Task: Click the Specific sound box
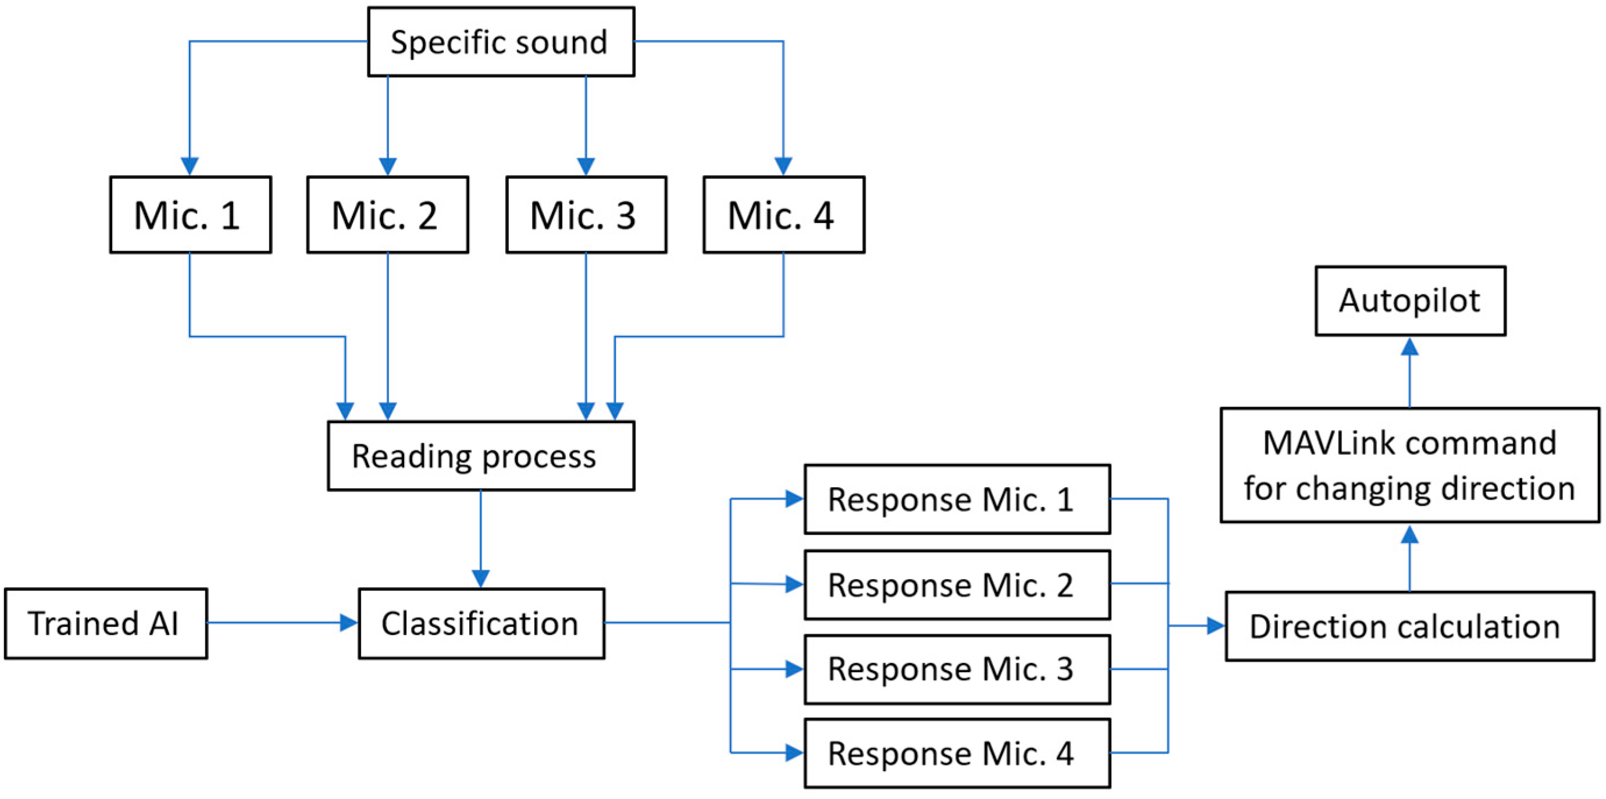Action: coord(501,42)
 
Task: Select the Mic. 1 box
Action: coord(190,215)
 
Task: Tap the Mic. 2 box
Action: coord(387,215)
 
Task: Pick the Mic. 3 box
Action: coord(586,215)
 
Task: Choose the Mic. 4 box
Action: coord(784,215)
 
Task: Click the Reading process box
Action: coord(481,456)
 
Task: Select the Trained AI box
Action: coord(105,623)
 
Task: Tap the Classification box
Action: coord(481,623)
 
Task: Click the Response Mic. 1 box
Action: coord(957,499)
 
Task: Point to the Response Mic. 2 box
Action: coord(957,584)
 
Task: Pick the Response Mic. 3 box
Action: coord(957,669)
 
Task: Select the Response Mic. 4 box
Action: coord(957,754)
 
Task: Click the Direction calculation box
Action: coord(1409,626)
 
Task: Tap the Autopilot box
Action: coord(1410,301)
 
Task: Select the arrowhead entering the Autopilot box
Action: coord(1409,347)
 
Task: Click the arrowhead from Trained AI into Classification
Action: coord(348,623)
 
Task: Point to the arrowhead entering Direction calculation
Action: coord(1215,626)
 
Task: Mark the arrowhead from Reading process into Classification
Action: coord(481,578)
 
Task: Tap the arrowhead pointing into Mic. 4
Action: coord(784,166)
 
